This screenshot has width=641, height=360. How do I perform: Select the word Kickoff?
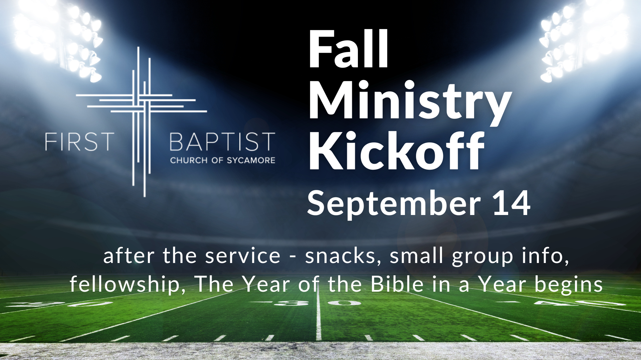click(396, 151)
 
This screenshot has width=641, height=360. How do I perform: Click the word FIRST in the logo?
click(79, 142)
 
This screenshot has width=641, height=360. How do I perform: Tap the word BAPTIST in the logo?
click(222, 142)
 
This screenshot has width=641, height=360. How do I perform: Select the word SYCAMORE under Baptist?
click(251, 160)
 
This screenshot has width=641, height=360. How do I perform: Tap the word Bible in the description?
click(397, 284)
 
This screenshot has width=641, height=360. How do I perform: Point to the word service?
click(243, 256)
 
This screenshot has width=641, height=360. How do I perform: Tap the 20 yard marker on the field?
click(60, 304)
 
